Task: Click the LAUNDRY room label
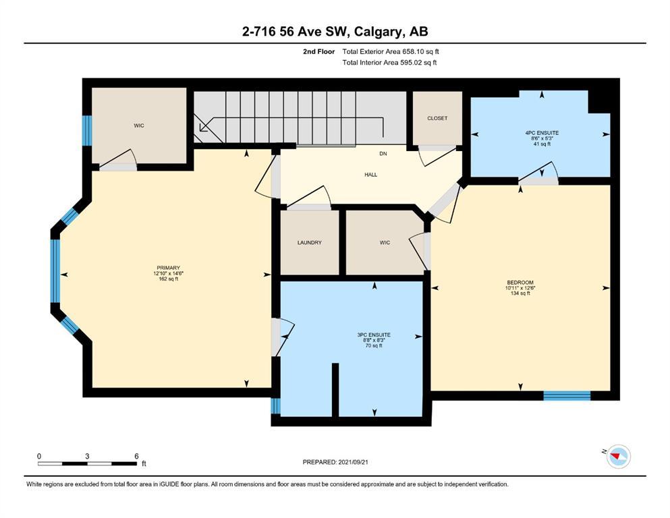pos(310,243)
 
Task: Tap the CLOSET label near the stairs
pos(437,118)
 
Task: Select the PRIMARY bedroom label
pos(169,268)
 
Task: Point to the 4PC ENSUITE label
pos(542,133)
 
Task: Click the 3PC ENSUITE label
pos(374,335)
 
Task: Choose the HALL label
pos(371,175)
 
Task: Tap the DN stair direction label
pos(383,153)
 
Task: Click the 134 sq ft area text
pos(520,293)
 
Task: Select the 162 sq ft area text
pos(169,279)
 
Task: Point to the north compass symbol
pos(618,457)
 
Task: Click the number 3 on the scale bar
pos(87,456)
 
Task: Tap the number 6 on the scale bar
pos(136,456)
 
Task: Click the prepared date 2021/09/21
pos(353,462)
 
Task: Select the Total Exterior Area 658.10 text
pos(391,52)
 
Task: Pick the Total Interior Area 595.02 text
pos(389,62)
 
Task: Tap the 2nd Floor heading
pos(318,52)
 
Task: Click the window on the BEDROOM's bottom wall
pos(567,395)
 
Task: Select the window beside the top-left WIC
pos(87,130)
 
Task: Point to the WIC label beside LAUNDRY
pos(385,243)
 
